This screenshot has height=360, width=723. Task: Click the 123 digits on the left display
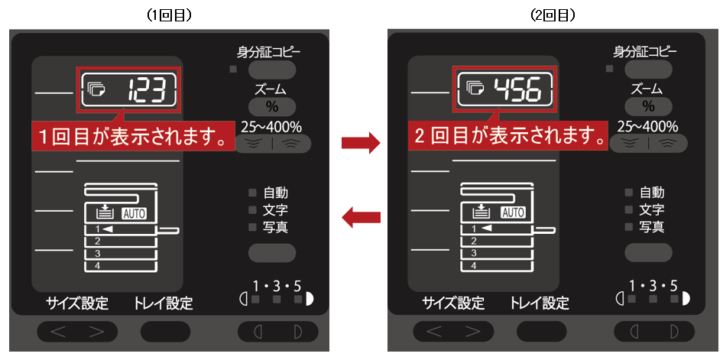[x=147, y=89]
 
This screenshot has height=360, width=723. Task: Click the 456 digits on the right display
[x=517, y=89]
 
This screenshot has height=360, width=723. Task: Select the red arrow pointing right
[x=360, y=144]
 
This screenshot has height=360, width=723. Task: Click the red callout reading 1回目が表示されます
[x=133, y=137]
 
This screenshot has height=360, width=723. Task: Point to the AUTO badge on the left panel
[x=134, y=213]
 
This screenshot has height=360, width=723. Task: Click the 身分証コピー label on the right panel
[x=644, y=52]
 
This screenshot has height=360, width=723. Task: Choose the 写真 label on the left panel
[x=276, y=227]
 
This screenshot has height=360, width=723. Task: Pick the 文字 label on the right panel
[x=652, y=209]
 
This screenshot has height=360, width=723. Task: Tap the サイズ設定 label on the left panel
[x=77, y=303]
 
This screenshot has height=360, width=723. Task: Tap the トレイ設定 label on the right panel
[x=540, y=303]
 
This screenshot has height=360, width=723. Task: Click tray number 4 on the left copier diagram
[x=97, y=265]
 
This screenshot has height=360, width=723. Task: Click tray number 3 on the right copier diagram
[x=474, y=253]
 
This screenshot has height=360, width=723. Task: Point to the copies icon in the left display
[x=96, y=89]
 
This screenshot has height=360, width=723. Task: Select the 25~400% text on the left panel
[x=271, y=126]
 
